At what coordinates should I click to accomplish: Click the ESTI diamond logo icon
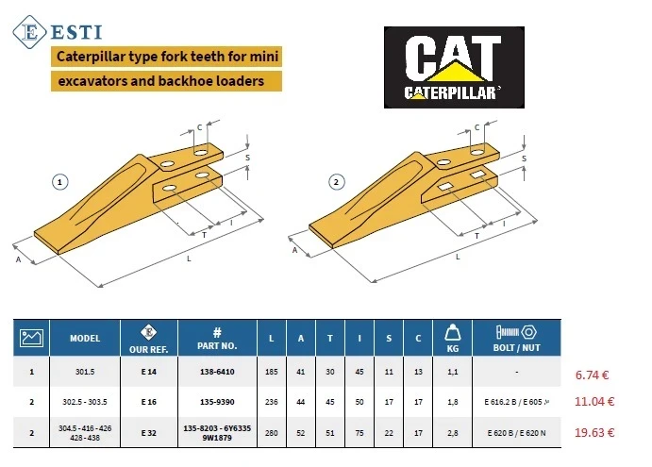(29, 32)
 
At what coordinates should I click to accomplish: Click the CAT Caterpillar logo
(454, 67)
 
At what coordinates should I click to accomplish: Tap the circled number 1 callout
(59, 182)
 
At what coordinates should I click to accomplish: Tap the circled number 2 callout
(337, 182)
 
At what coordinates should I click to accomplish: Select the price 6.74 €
(592, 375)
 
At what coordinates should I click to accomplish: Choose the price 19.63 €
(594, 432)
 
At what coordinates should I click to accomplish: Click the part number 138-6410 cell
(217, 372)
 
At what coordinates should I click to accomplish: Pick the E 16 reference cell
(149, 402)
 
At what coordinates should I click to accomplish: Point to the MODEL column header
(85, 338)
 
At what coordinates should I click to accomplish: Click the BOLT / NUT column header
(516, 338)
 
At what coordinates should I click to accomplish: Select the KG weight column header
(452, 338)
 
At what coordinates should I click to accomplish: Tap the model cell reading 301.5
(85, 372)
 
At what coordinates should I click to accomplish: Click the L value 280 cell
(272, 433)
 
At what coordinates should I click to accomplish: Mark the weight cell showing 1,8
(452, 402)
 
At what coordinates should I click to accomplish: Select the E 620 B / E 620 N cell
(516, 433)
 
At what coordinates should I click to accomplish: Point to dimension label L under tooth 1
(189, 259)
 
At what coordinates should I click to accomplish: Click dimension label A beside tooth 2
(294, 250)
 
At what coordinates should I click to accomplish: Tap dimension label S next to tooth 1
(248, 158)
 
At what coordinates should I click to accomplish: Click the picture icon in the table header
(31, 338)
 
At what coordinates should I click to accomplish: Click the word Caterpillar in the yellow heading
(91, 57)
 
